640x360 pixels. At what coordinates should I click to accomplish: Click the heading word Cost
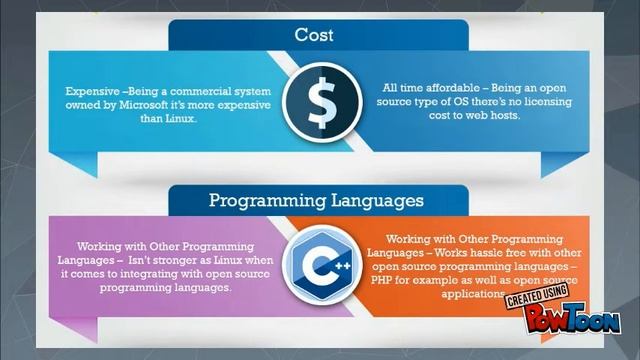(314, 36)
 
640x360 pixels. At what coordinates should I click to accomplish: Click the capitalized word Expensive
(86, 89)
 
